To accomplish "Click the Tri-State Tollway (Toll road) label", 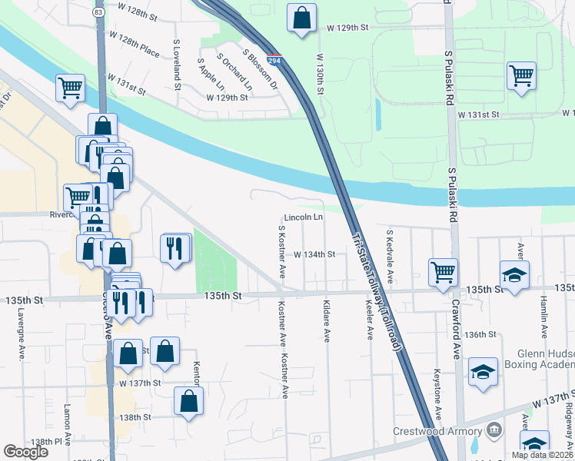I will tap(377, 292).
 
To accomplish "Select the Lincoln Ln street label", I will tap(303, 217).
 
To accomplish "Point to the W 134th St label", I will tap(314, 254).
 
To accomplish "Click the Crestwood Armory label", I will tap(437, 431).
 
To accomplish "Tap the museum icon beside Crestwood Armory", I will tap(493, 429).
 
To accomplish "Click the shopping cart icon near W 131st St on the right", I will tap(521, 76).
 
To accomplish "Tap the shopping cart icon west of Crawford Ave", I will tap(443, 272).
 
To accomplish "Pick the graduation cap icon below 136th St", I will tap(483, 372).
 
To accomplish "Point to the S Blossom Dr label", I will tap(259, 68).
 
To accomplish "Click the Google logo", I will tap(26, 452).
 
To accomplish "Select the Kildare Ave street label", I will tap(327, 322).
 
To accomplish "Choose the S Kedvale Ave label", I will tap(390, 256).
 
